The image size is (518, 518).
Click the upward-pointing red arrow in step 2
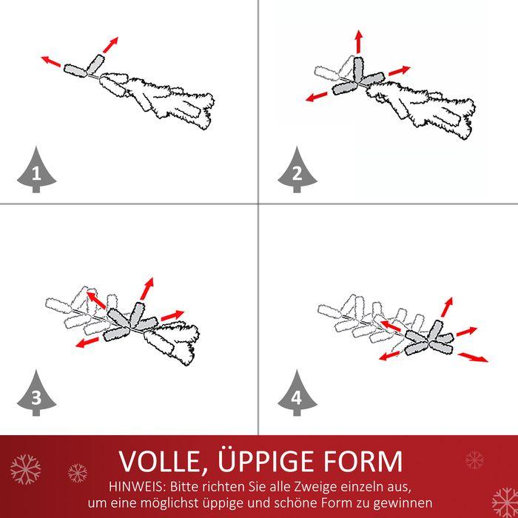[359, 41]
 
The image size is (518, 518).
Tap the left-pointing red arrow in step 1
[51, 61]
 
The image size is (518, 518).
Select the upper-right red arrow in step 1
[110, 45]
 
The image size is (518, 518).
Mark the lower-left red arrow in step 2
[317, 97]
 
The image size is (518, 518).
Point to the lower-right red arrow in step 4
[473, 357]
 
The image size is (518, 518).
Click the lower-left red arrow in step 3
[87, 342]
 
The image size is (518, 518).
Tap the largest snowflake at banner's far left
[25, 469]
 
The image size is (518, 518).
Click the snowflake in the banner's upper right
[475, 460]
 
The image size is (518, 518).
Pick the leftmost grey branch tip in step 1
[75, 70]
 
